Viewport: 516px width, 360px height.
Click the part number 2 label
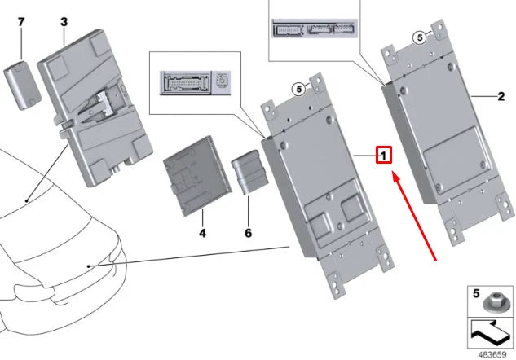502,96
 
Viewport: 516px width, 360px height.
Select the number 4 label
201,233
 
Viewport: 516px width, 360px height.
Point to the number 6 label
249,233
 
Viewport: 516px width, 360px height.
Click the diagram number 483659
491,353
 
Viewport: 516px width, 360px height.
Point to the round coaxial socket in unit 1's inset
223,82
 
